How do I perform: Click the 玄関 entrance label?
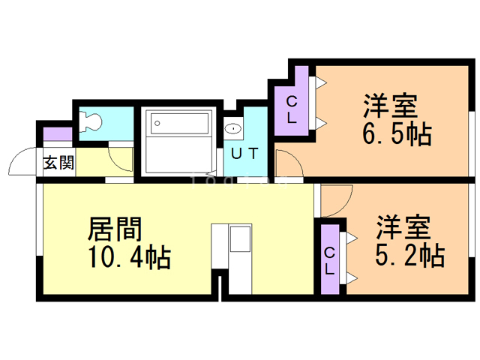click(58, 163)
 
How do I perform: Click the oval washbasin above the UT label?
click(233, 128)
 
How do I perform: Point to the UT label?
click(244, 154)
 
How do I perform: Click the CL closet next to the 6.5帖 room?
click(292, 109)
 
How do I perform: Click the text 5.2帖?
click(409, 254)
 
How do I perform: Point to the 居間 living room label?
click(115, 227)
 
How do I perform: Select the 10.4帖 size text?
click(129, 258)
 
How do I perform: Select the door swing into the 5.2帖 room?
click(337, 199)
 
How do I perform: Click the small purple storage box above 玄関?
click(57, 136)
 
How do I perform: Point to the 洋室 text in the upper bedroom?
click(391, 103)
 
